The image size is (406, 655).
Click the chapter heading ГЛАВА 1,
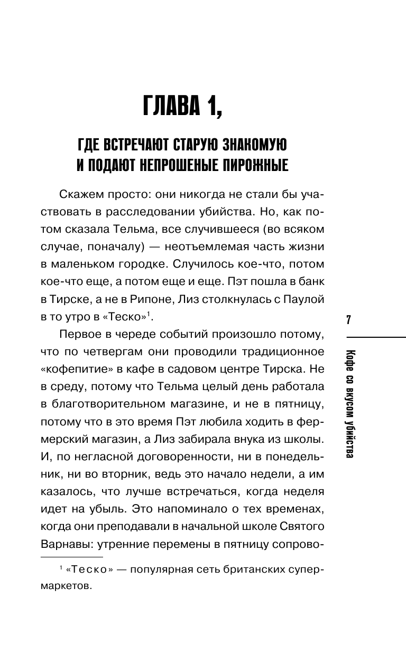183,108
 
